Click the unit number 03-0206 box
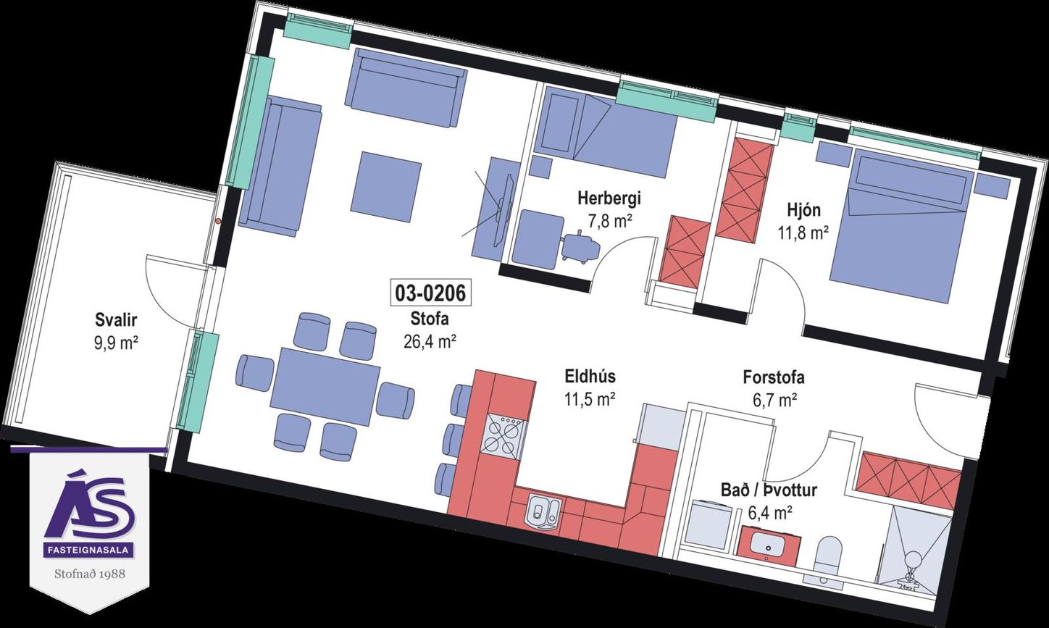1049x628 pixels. coord(430,293)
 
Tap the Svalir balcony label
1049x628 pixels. coord(116,320)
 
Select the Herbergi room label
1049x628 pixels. coord(609,198)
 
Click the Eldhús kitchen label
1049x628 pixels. coord(590,377)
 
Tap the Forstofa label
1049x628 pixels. coord(774,377)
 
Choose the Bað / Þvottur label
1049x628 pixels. coord(769,490)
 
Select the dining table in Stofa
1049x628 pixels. coord(325,386)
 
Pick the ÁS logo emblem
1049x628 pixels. coord(89,505)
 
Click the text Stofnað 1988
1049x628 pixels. coord(90,574)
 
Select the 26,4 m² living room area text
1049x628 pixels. coord(430,342)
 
